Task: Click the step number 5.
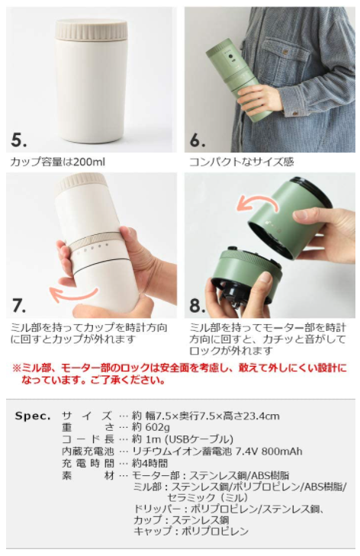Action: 19,140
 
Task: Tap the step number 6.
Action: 198,140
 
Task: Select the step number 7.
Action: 19,305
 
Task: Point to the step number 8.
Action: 198,305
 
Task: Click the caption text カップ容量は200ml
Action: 58,162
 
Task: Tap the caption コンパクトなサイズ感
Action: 242,162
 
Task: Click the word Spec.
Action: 33,416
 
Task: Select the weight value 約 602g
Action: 151,427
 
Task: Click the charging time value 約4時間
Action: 149,463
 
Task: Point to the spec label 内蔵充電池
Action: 88,451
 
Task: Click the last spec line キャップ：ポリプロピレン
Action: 191,531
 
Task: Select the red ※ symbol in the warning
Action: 17,368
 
